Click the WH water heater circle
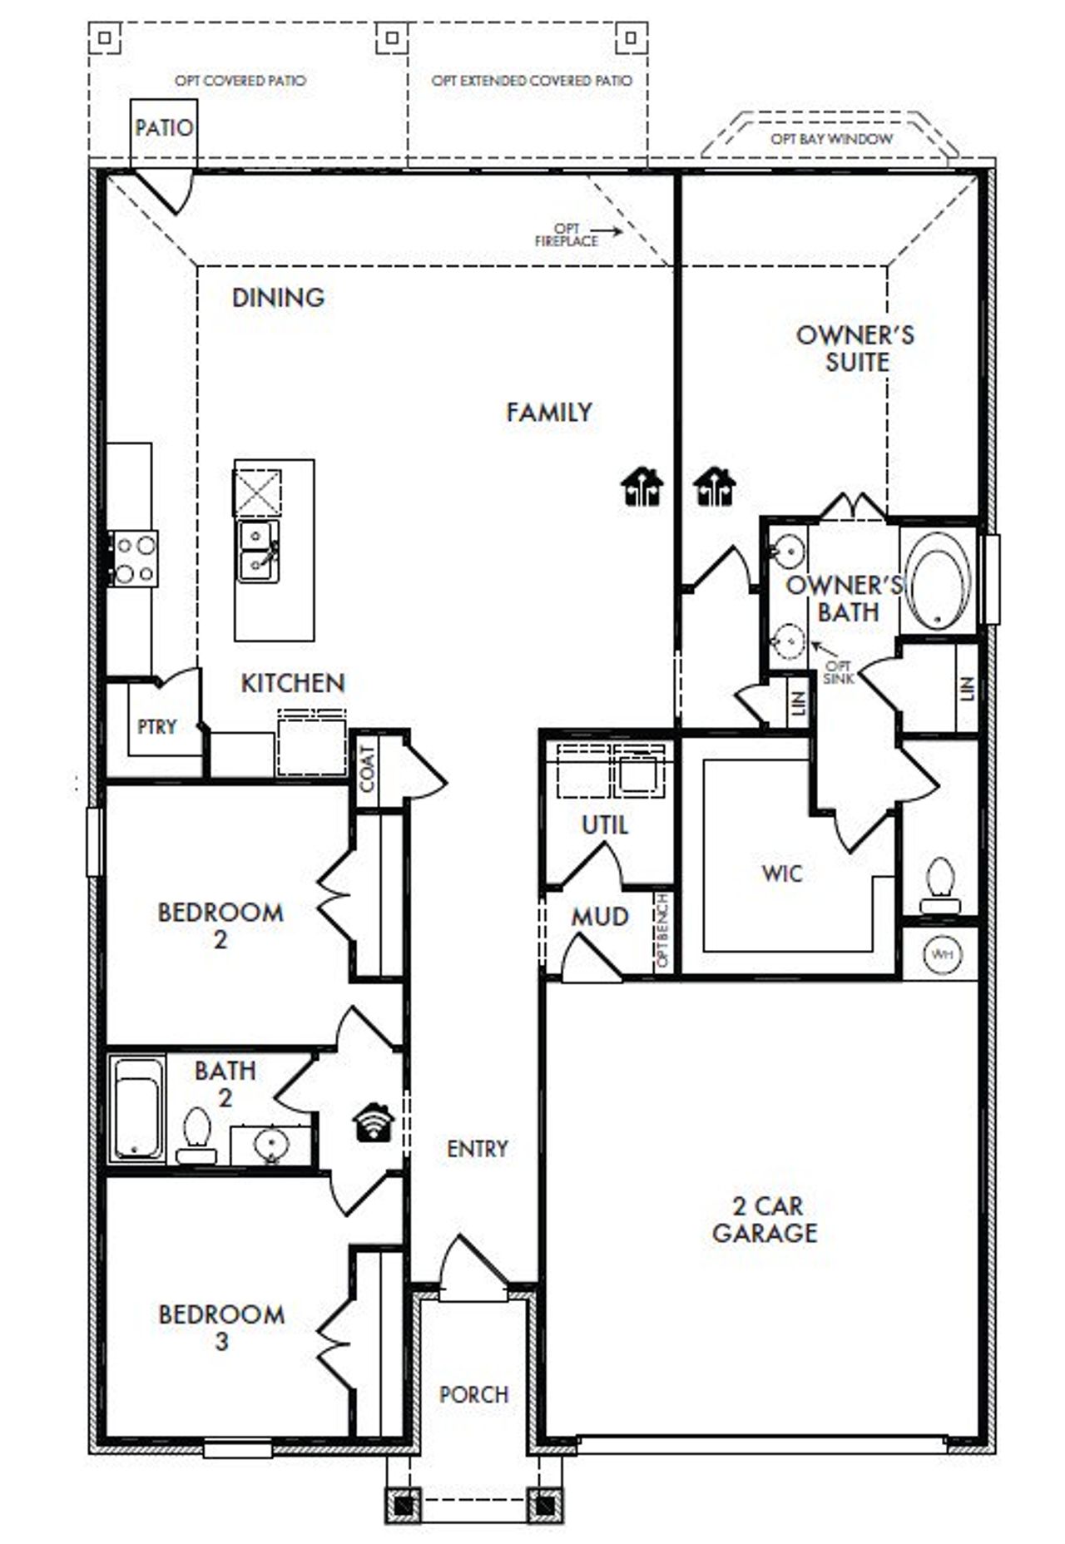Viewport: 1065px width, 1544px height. click(x=941, y=954)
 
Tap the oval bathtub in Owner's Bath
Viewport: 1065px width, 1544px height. click(x=939, y=581)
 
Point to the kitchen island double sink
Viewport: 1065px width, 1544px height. click(x=258, y=552)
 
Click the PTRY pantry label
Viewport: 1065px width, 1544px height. click(x=156, y=727)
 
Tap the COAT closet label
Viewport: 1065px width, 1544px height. click(x=367, y=768)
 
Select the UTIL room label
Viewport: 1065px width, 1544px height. click(x=605, y=825)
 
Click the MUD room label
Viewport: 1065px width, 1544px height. click(x=599, y=917)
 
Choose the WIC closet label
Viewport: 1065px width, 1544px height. click(x=782, y=873)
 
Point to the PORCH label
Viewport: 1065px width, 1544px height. click(x=473, y=1394)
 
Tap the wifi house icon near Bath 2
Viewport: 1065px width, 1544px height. click(x=374, y=1122)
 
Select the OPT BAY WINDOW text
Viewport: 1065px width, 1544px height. click(x=831, y=139)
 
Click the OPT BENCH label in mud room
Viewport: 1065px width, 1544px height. click(x=662, y=930)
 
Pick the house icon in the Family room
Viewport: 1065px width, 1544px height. click(x=642, y=487)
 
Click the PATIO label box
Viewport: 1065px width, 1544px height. click(x=164, y=129)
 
